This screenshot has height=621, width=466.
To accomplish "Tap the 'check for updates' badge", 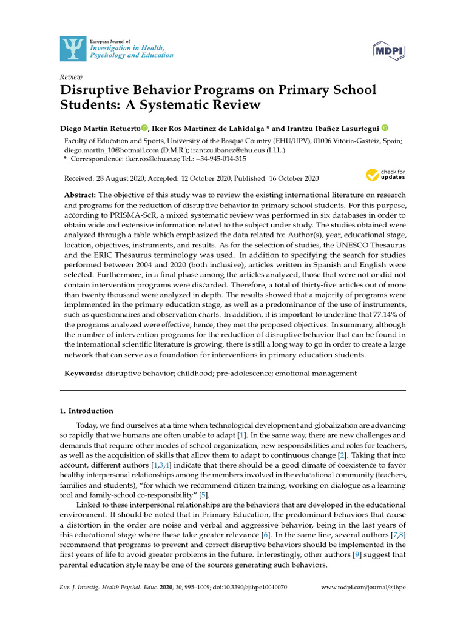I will [385, 176].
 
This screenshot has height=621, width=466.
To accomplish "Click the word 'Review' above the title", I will [71, 77].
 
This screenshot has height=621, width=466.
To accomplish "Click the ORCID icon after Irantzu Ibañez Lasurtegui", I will [385, 128].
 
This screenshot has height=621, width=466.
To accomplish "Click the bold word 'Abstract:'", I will [80, 195].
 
